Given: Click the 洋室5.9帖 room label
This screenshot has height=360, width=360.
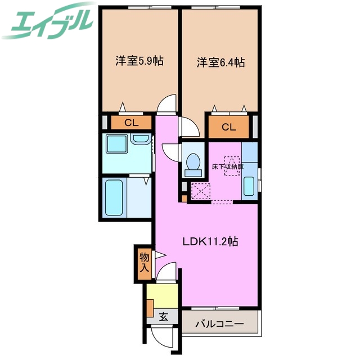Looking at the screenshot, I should point(139,61).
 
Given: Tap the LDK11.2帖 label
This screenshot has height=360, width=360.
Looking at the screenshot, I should point(210,242).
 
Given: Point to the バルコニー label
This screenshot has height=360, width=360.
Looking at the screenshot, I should point(219,324).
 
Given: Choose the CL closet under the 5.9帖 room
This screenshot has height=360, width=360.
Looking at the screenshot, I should point(130,123).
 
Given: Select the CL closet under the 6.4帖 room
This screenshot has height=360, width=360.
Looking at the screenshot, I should point(228,127).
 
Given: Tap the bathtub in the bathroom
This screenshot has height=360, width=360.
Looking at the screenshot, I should point(114,196).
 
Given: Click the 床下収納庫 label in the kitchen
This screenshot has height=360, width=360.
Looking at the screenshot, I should point(227,167).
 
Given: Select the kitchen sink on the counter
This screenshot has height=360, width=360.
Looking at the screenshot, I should point(250,186).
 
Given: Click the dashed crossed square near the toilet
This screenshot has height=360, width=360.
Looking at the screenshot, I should point(200,191).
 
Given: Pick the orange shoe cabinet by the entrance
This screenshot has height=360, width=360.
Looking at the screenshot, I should point(150,308).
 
